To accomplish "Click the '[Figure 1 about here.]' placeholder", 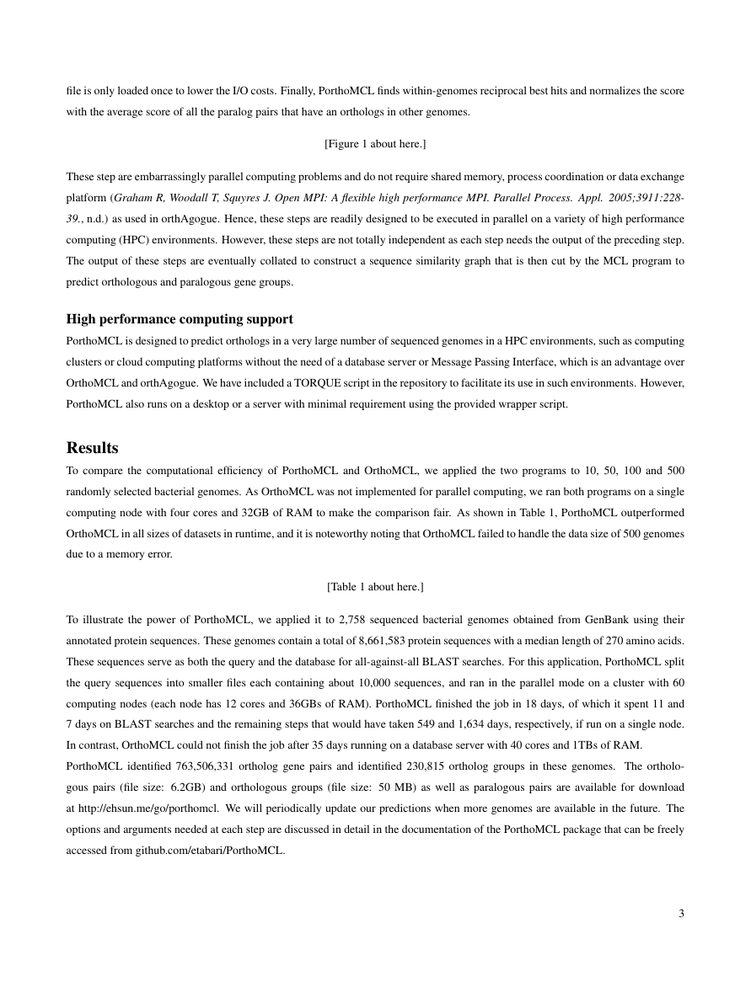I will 375,144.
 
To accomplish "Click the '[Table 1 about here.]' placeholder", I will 375,586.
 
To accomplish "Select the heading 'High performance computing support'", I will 180,319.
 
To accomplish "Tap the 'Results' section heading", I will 92,447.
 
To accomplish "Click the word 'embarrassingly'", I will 162,178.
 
